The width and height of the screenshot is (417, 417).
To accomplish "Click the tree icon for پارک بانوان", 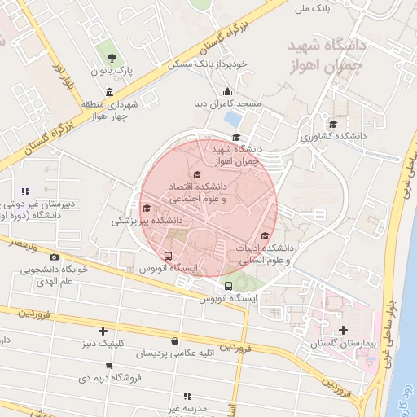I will point(112,57).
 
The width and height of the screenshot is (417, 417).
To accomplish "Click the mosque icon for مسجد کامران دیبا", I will point(226,91).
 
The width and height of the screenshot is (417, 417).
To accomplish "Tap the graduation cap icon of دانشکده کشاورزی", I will point(332,124).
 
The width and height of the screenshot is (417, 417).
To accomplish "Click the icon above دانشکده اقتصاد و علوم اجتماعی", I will point(196,174).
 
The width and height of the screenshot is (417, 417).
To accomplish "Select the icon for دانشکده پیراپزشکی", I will point(147,208).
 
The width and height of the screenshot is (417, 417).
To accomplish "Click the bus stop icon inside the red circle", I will point(168,255).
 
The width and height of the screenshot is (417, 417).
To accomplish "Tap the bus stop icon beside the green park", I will point(228,286).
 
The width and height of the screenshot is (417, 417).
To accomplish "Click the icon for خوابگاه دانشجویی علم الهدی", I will point(55,257).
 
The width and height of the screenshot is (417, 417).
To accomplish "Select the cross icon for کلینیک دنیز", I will point(103,331).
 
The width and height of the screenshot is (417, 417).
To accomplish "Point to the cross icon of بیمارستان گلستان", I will point(343,330).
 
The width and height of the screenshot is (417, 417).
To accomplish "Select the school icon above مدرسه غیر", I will point(188,395).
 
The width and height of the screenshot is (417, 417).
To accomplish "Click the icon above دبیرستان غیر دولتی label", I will point(25,191).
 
